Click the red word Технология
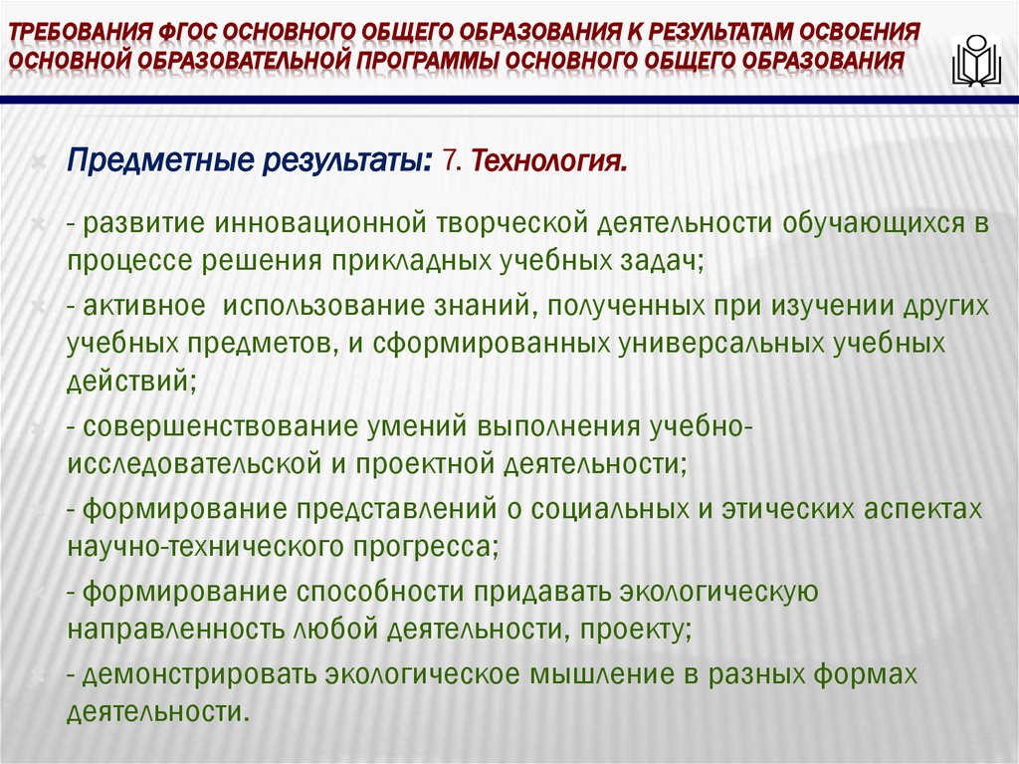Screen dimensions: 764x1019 tap(549, 160)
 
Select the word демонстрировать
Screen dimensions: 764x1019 tap(196, 674)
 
